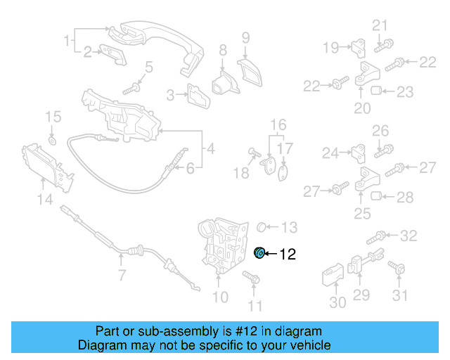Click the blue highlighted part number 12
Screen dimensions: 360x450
(x=259, y=253)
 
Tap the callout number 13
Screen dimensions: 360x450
(x=289, y=227)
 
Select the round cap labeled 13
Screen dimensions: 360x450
(x=260, y=226)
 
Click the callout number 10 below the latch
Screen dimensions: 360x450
(x=220, y=297)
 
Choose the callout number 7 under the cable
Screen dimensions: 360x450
(x=122, y=274)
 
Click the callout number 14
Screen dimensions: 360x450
(x=45, y=200)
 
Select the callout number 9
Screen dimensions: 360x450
(x=245, y=37)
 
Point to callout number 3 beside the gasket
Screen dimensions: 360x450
(x=171, y=95)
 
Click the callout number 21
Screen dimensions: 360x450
(x=380, y=26)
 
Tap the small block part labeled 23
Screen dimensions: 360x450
(x=375, y=91)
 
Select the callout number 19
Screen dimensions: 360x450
(x=331, y=48)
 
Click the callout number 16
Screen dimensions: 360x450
(x=279, y=124)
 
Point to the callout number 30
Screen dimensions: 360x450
(x=337, y=302)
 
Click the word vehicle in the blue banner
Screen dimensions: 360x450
(x=308, y=345)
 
